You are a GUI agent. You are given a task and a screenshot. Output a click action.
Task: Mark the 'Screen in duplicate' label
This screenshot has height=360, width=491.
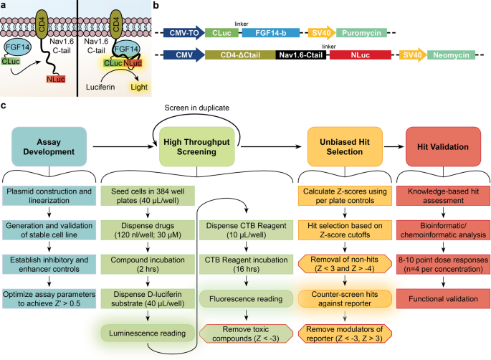coord(198,108)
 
